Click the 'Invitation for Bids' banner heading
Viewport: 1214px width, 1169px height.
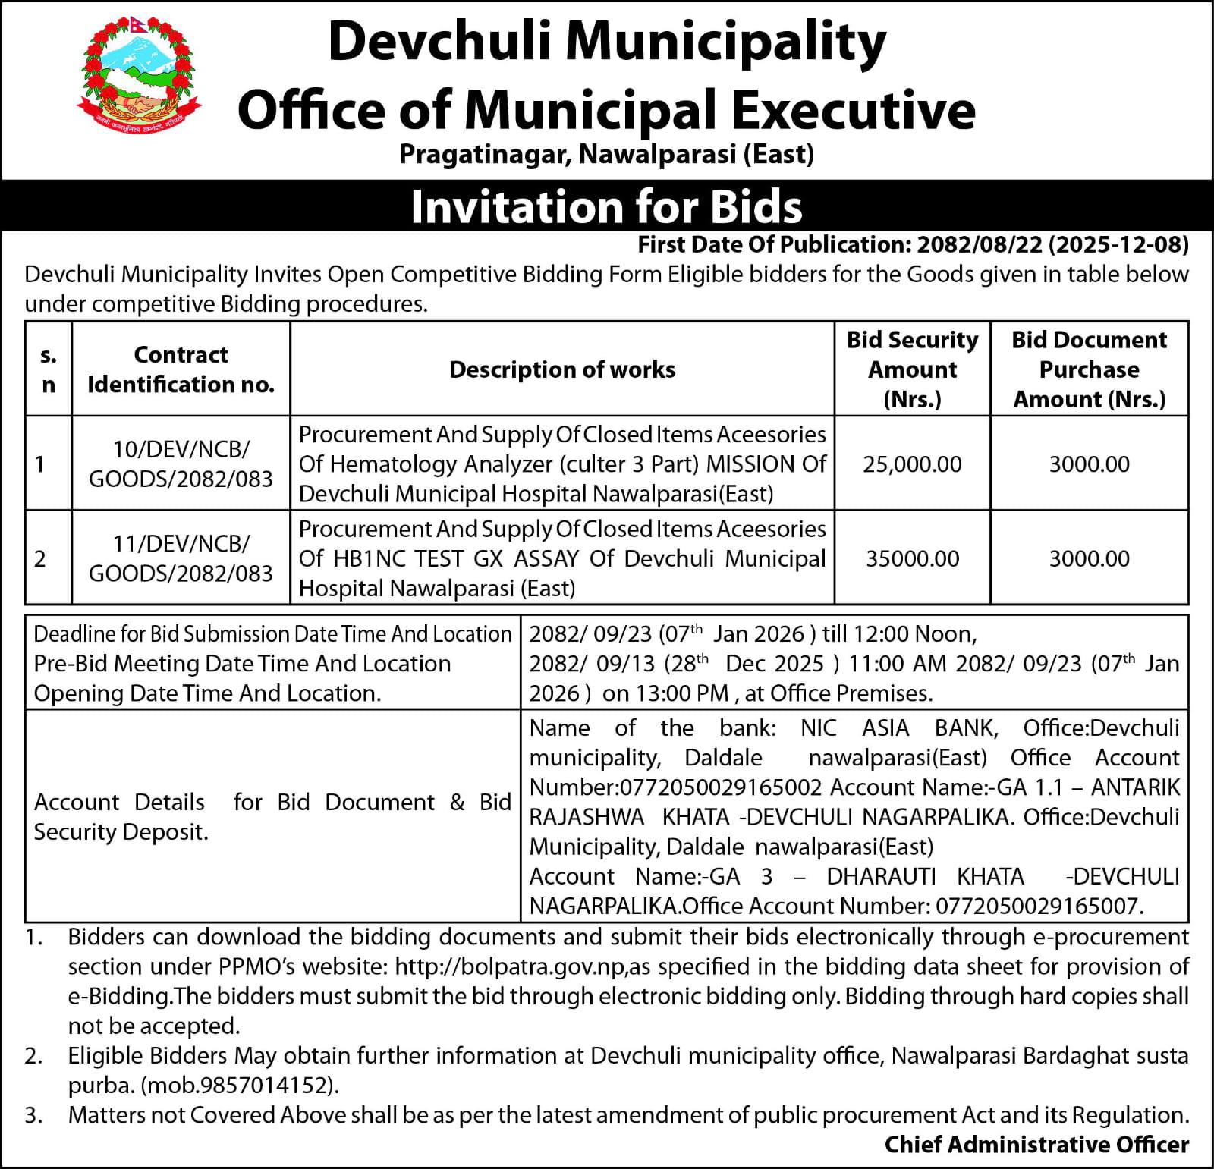606,207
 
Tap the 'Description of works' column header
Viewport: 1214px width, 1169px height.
562,369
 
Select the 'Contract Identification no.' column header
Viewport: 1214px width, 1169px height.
181,369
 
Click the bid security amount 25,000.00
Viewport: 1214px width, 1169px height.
912,464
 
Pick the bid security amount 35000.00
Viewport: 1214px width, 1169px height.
912,559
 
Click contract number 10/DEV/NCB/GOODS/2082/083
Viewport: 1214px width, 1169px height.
181,464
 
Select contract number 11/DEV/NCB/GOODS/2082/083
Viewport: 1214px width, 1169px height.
181,559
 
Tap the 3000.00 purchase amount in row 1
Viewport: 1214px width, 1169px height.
1089,464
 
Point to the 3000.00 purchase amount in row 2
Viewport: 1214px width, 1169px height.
1089,559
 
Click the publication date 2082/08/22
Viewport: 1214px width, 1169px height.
983,244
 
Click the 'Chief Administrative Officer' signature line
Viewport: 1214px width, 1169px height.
1036,1145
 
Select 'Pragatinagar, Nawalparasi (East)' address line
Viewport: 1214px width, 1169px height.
606,155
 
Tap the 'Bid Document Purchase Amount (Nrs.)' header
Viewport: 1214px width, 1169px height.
1089,369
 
